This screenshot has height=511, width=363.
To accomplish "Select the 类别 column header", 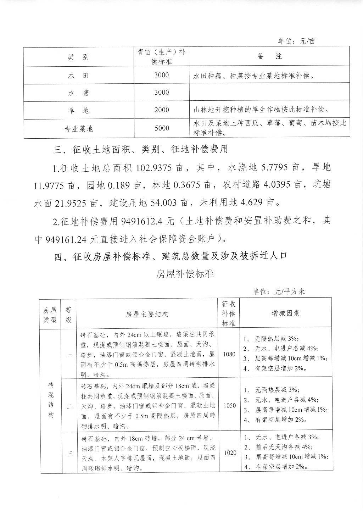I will pyautogui.click(x=78, y=57).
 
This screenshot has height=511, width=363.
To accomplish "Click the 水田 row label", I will pyautogui.click(x=78, y=76).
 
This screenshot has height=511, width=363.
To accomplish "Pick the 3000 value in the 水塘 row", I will pyautogui.click(x=162, y=93).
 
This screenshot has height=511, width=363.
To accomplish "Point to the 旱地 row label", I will pyautogui.click(x=78, y=111).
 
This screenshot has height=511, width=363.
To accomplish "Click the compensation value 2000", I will pyautogui.click(x=162, y=110).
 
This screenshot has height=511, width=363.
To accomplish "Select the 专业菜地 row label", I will pyautogui.click(x=78, y=129).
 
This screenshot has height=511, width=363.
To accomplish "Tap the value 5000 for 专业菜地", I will pyautogui.click(x=162, y=128).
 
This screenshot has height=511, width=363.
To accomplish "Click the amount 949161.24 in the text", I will pyautogui.click(x=67, y=239).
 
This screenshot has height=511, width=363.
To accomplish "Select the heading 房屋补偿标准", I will pyautogui.click(x=185, y=274).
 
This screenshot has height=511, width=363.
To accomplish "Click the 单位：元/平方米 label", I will pyautogui.click(x=278, y=291).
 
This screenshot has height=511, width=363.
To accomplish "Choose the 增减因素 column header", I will pyautogui.click(x=286, y=313).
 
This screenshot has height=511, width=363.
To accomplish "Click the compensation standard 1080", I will pyautogui.click(x=229, y=354).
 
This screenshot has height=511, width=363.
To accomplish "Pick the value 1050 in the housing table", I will pyautogui.click(x=229, y=405).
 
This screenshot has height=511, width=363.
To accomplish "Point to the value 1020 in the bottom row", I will pyautogui.click(x=229, y=453).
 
